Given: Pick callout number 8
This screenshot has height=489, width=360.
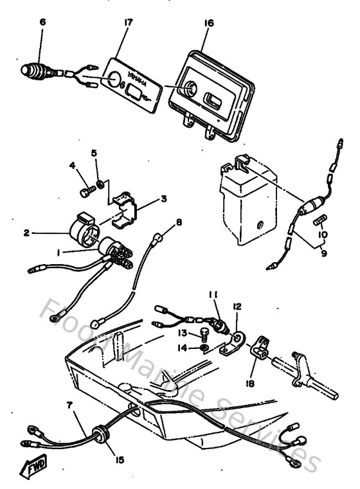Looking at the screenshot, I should click(x=179, y=222).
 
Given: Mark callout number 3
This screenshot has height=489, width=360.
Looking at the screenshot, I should click(x=163, y=199).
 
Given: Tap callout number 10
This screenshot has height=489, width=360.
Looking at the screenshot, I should click(x=323, y=235).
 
